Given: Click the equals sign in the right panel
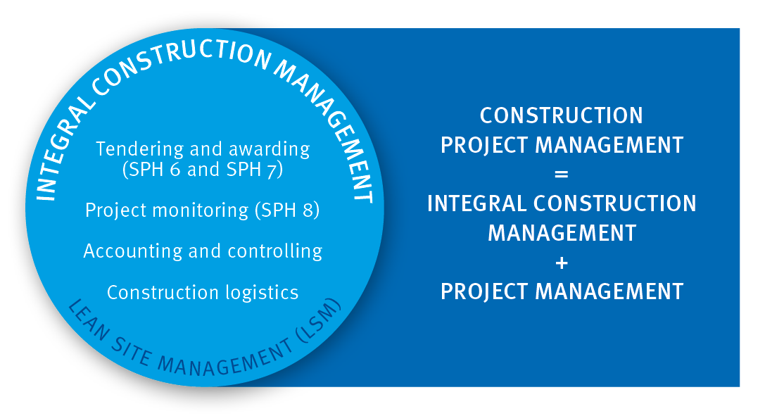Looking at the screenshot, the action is tap(562, 174).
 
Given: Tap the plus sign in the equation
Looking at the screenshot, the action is tap(562, 263).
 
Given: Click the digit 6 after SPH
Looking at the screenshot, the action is tap(175, 170).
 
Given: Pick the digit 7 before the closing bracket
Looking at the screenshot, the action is tap(272, 170).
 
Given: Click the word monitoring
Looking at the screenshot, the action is tap(201, 210).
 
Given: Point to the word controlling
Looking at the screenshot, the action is tap(274, 251).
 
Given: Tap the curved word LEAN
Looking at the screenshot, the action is tap(88, 320).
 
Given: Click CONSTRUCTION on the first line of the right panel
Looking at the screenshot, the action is tap(562, 115).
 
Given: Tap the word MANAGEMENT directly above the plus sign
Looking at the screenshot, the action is tap(562, 233).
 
